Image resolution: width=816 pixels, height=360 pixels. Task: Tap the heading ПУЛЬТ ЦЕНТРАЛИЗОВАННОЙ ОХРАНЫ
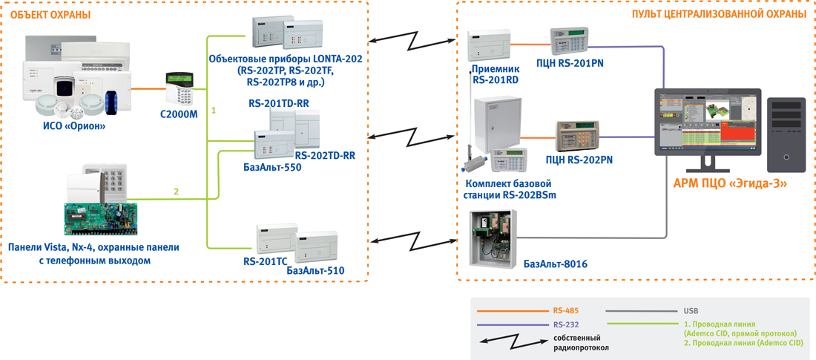[719, 14]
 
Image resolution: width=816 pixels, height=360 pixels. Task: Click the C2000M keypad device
[180, 88]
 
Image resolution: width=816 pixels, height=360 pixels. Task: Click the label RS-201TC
[265, 261]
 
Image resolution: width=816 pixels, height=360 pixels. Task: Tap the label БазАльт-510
[315, 272]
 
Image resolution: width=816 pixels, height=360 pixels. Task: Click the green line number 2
[176, 192]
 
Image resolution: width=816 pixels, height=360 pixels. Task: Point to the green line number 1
[214, 111]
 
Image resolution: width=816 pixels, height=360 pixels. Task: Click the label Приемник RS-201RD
[495, 74]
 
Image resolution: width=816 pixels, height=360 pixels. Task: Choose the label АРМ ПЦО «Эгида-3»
[729, 183]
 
